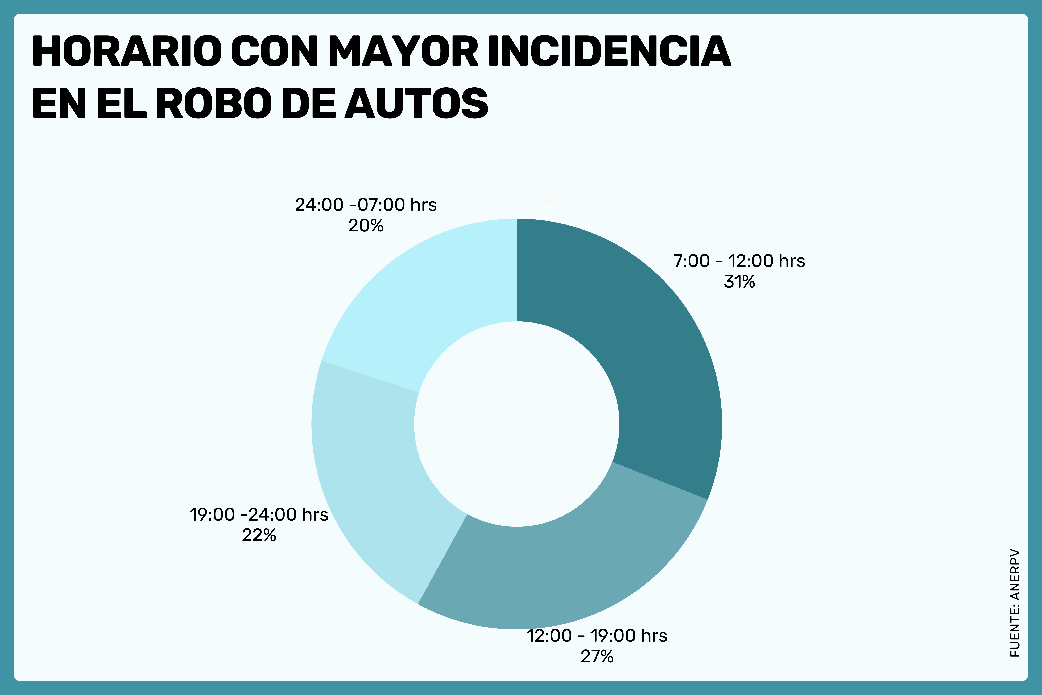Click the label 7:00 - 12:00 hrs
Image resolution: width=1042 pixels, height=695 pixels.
739,261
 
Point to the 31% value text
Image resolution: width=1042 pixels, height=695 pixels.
739,282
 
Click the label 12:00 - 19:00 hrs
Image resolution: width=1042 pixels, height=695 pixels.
596,636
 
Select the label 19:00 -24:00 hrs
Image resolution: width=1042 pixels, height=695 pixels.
259,515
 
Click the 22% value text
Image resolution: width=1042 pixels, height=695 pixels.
259,535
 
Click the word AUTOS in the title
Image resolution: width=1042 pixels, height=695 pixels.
416,103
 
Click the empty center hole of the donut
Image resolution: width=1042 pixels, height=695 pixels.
516,424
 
